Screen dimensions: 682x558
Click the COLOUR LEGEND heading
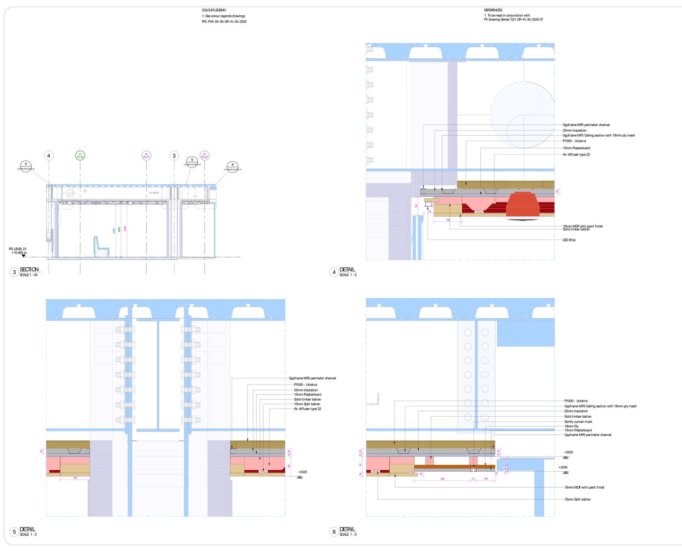click(x=214, y=10)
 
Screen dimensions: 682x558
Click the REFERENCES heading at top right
click(x=493, y=10)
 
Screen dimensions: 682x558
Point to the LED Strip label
click(x=569, y=240)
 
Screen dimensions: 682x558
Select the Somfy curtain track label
click(x=578, y=421)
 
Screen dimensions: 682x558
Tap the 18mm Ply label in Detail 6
click(x=571, y=426)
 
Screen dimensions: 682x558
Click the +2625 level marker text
click(x=568, y=452)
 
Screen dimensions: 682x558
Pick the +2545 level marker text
click(x=563, y=467)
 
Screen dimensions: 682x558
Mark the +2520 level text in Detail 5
click(x=302, y=472)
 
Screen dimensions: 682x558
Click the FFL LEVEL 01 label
click(x=18, y=249)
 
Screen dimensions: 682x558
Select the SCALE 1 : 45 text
click(x=28, y=275)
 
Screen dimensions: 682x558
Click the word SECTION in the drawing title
click(x=29, y=269)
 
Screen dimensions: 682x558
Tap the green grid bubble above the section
click(x=80, y=156)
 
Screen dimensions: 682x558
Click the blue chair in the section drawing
click(x=100, y=246)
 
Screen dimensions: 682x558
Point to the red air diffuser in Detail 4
click(x=523, y=205)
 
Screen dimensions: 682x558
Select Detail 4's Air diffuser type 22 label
click(x=576, y=155)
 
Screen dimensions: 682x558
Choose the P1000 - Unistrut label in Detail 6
click(x=576, y=401)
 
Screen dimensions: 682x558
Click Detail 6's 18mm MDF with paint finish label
click(x=584, y=487)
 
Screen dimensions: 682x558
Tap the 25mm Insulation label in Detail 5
click(x=305, y=390)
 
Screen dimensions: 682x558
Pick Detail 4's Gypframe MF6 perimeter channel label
click(x=586, y=125)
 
